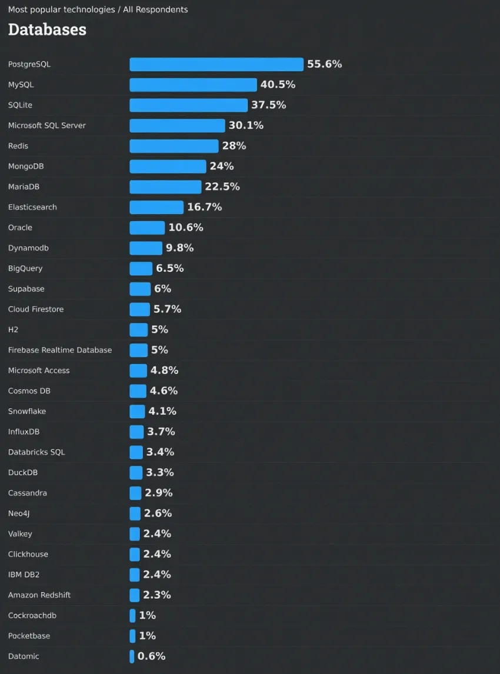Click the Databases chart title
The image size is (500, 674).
[47, 29]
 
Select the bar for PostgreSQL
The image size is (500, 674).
[216, 64]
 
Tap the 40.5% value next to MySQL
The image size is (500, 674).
[278, 85]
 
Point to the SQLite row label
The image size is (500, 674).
[21, 105]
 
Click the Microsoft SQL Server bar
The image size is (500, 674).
[177, 125]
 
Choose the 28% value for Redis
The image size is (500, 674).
[234, 146]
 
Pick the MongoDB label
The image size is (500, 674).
[26, 166]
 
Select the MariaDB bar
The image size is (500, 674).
[165, 186]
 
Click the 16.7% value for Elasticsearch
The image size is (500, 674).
[204, 207]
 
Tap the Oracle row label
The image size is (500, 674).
[20, 228]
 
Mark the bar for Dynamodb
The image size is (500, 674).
[146, 248]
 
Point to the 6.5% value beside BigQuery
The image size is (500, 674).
[169, 268]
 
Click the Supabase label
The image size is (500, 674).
[26, 289]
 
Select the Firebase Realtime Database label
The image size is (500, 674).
[60, 350]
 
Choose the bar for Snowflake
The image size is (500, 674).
[137, 411]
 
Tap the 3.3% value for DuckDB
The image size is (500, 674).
[159, 472]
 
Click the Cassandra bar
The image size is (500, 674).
[135, 493]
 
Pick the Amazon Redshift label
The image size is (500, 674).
[39, 595]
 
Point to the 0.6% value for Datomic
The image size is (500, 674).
[151, 656]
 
